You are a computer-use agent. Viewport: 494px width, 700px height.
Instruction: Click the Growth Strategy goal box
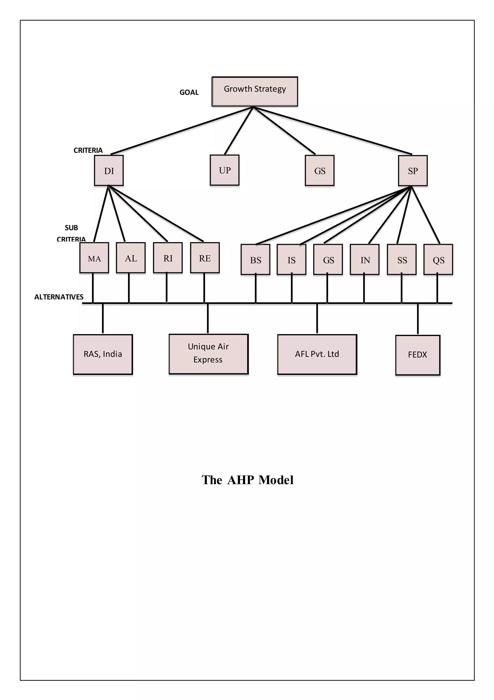coord(254,91)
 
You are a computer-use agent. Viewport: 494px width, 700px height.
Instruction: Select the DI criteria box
coord(109,170)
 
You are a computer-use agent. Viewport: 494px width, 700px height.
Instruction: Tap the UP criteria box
coord(225,170)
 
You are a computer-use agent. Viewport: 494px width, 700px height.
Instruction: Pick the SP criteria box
coord(413,171)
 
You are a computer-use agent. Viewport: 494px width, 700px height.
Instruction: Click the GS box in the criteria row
coord(319,170)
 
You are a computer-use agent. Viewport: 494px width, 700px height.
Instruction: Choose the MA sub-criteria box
coord(94,258)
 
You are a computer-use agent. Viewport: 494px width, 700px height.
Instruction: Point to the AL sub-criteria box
coord(131,258)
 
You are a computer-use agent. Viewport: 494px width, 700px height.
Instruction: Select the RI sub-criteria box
coord(168,258)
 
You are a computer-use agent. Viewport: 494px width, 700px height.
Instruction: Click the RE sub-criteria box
coord(205,258)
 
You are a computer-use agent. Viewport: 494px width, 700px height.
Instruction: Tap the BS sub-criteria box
coord(255,259)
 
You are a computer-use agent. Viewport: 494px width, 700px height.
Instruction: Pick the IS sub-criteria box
coord(291,259)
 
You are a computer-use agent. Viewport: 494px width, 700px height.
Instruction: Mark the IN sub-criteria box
coord(365,259)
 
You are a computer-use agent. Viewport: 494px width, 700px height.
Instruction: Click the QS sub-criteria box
coord(438,259)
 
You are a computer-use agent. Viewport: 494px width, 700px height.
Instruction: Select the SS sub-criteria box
coord(402,259)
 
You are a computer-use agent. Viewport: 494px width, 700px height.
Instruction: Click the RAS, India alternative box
coord(103,354)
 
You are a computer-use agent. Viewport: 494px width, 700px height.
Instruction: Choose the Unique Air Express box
coord(208,354)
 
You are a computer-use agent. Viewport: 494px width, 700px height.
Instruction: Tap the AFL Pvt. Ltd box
coord(317,354)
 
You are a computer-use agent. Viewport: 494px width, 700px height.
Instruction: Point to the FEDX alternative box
coord(418,355)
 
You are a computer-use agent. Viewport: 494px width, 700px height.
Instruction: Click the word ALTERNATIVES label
coord(59,297)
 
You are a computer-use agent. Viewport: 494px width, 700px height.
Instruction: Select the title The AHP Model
coord(247,480)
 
